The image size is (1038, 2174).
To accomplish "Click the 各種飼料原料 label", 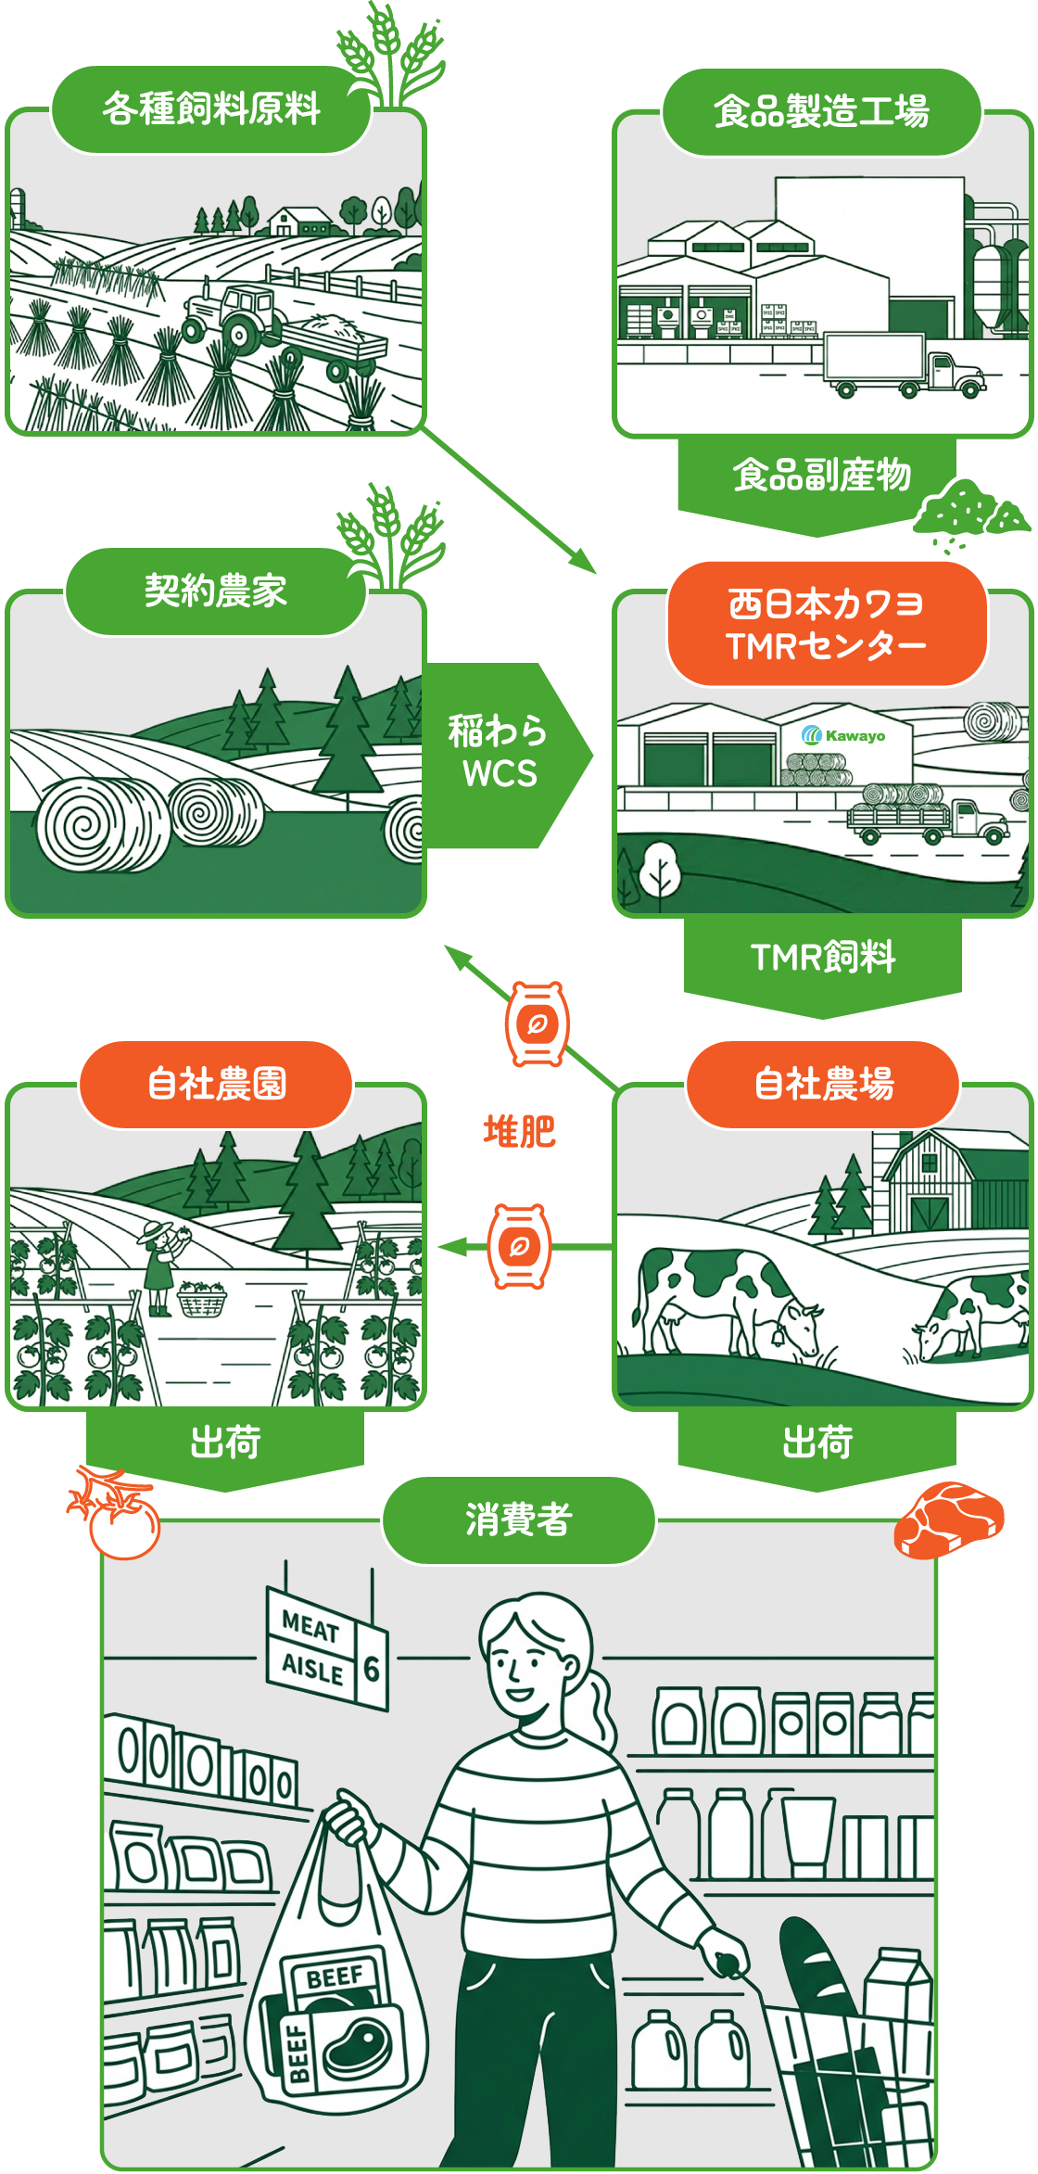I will [211, 109].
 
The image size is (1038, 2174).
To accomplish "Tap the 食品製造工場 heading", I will [821, 111].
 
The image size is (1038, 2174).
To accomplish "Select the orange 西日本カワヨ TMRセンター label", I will [827, 624].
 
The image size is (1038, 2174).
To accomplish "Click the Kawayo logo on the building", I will [843, 736].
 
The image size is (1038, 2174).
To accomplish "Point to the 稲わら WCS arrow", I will [500, 753].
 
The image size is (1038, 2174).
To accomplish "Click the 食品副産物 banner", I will [821, 476].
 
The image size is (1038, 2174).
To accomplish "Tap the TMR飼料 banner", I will [823, 958].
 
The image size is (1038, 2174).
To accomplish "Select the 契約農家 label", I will [215, 591].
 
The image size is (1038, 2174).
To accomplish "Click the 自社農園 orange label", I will [217, 1084].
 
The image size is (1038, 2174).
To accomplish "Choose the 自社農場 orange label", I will [824, 1084].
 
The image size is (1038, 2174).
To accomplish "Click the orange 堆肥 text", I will [519, 1132].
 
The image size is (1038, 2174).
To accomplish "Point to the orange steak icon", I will [948, 1520].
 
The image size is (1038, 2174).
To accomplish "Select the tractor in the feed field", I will [232, 315].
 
